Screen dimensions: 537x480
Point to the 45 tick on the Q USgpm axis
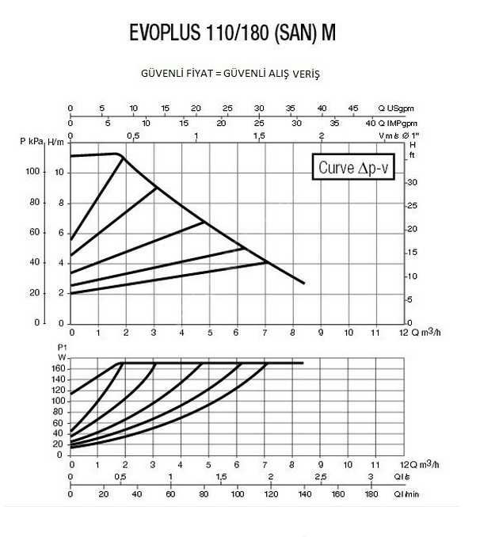(352, 108)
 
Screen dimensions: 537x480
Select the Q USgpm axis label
(396, 108)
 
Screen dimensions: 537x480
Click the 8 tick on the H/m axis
(61, 202)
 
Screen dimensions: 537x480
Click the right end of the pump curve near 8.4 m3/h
(304, 283)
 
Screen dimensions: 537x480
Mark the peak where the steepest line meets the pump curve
(123, 158)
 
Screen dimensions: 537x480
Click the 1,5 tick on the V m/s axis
(259, 136)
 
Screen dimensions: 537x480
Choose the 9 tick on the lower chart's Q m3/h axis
(320, 463)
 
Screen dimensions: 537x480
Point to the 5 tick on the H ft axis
(409, 299)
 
